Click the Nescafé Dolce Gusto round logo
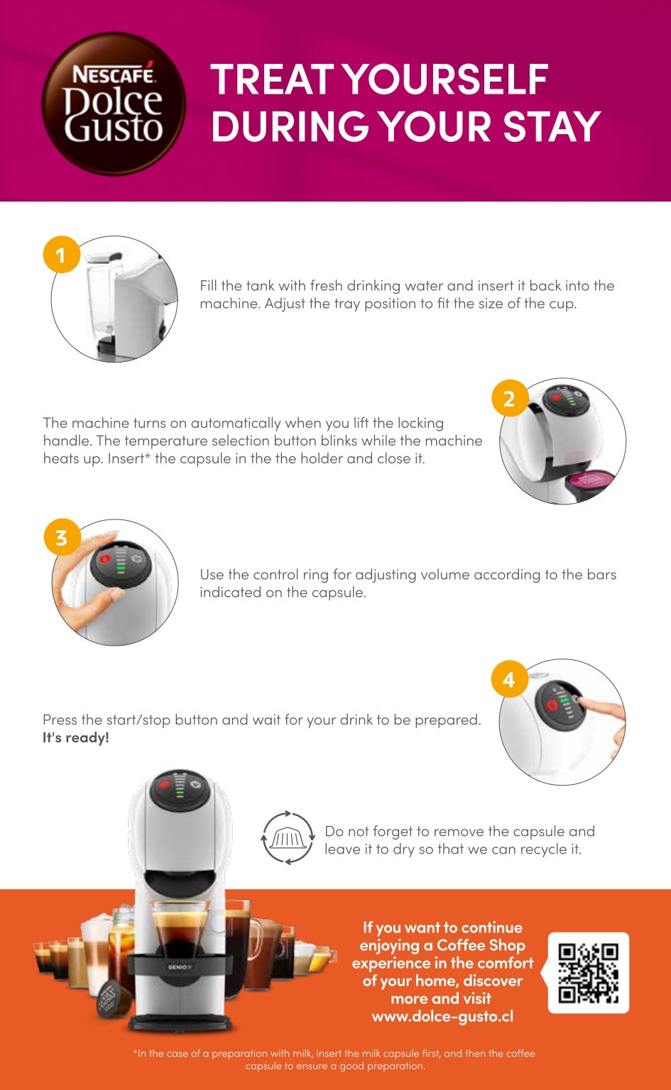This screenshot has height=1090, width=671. coord(114,104)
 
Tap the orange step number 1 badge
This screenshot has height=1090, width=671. coord(61,255)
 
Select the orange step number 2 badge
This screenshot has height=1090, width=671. coord(510,398)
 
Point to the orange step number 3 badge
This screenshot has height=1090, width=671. coord(62,537)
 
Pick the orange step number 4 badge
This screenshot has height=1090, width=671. coord(509,679)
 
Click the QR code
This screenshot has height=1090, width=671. coord(588,973)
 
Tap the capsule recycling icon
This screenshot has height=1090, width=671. coord(288,837)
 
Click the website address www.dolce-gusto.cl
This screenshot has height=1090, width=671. coord(442,1016)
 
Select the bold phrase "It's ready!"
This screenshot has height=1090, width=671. coord(75,738)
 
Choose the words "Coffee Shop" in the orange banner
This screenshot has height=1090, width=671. coord(481,945)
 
